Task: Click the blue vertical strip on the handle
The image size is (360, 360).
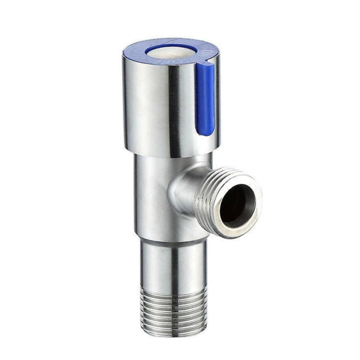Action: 206,99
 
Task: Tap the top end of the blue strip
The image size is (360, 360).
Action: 206,66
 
